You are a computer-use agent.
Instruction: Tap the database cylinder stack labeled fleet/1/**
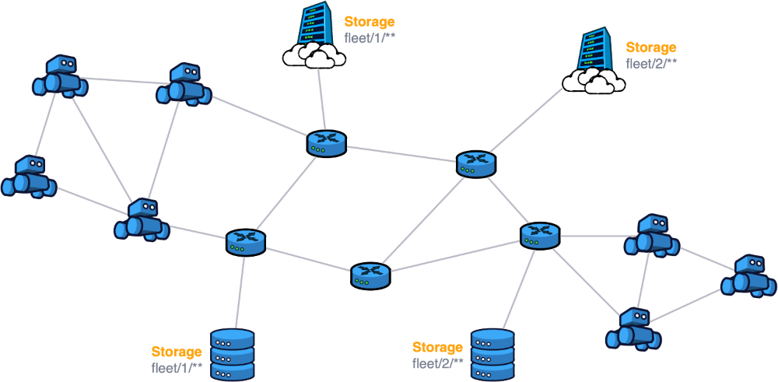click(233, 354)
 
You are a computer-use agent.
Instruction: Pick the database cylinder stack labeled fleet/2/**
click(492, 354)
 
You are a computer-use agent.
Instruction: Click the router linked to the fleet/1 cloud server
click(326, 143)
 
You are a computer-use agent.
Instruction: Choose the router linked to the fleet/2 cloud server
click(475, 163)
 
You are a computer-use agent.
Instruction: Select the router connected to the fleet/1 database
click(246, 243)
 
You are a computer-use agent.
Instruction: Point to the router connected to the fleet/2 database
click(540, 235)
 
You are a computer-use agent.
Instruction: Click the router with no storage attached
click(370, 275)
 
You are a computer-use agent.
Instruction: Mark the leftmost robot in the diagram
click(29, 177)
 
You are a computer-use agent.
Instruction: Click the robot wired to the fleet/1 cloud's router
click(184, 84)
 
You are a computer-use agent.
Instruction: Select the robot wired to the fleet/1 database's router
click(142, 219)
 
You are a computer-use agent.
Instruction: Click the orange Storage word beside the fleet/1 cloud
click(369, 22)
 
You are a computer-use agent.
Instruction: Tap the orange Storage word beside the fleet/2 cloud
click(650, 48)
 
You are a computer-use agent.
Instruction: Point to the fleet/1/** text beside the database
click(177, 366)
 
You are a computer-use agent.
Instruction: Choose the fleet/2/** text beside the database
click(437, 362)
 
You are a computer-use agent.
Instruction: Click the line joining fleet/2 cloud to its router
click(526, 120)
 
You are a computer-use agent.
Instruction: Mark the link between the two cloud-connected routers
click(401, 153)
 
